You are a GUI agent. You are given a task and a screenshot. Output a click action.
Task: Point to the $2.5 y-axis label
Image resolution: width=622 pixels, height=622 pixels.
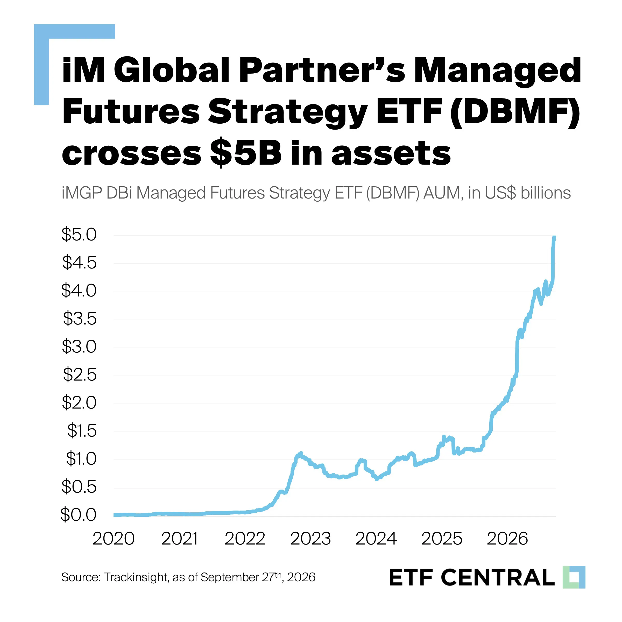(x=80, y=375)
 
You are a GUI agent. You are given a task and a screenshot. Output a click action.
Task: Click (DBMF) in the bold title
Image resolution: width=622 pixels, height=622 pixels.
(x=515, y=111)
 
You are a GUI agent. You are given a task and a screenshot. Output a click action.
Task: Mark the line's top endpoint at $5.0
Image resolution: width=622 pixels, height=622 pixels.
(x=554, y=236)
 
